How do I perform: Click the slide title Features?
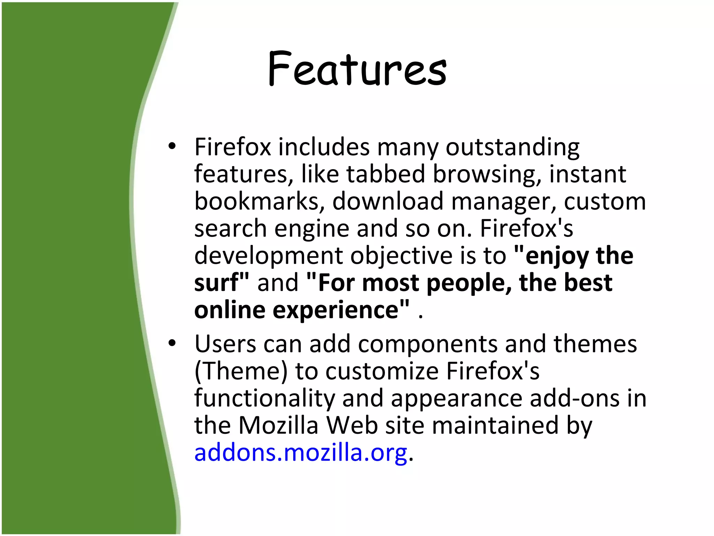(x=357, y=69)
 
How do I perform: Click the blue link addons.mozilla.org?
(x=301, y=453)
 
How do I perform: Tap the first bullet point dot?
(x=172, y=147)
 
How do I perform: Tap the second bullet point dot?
(x=172, y=344)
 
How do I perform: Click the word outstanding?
(x=512, y=148)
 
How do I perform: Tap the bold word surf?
(x=218, y=283)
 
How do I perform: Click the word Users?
(x=225, y=344)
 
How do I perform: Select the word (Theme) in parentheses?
(x=241, y=371)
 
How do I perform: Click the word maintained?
(x=495, y=425)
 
